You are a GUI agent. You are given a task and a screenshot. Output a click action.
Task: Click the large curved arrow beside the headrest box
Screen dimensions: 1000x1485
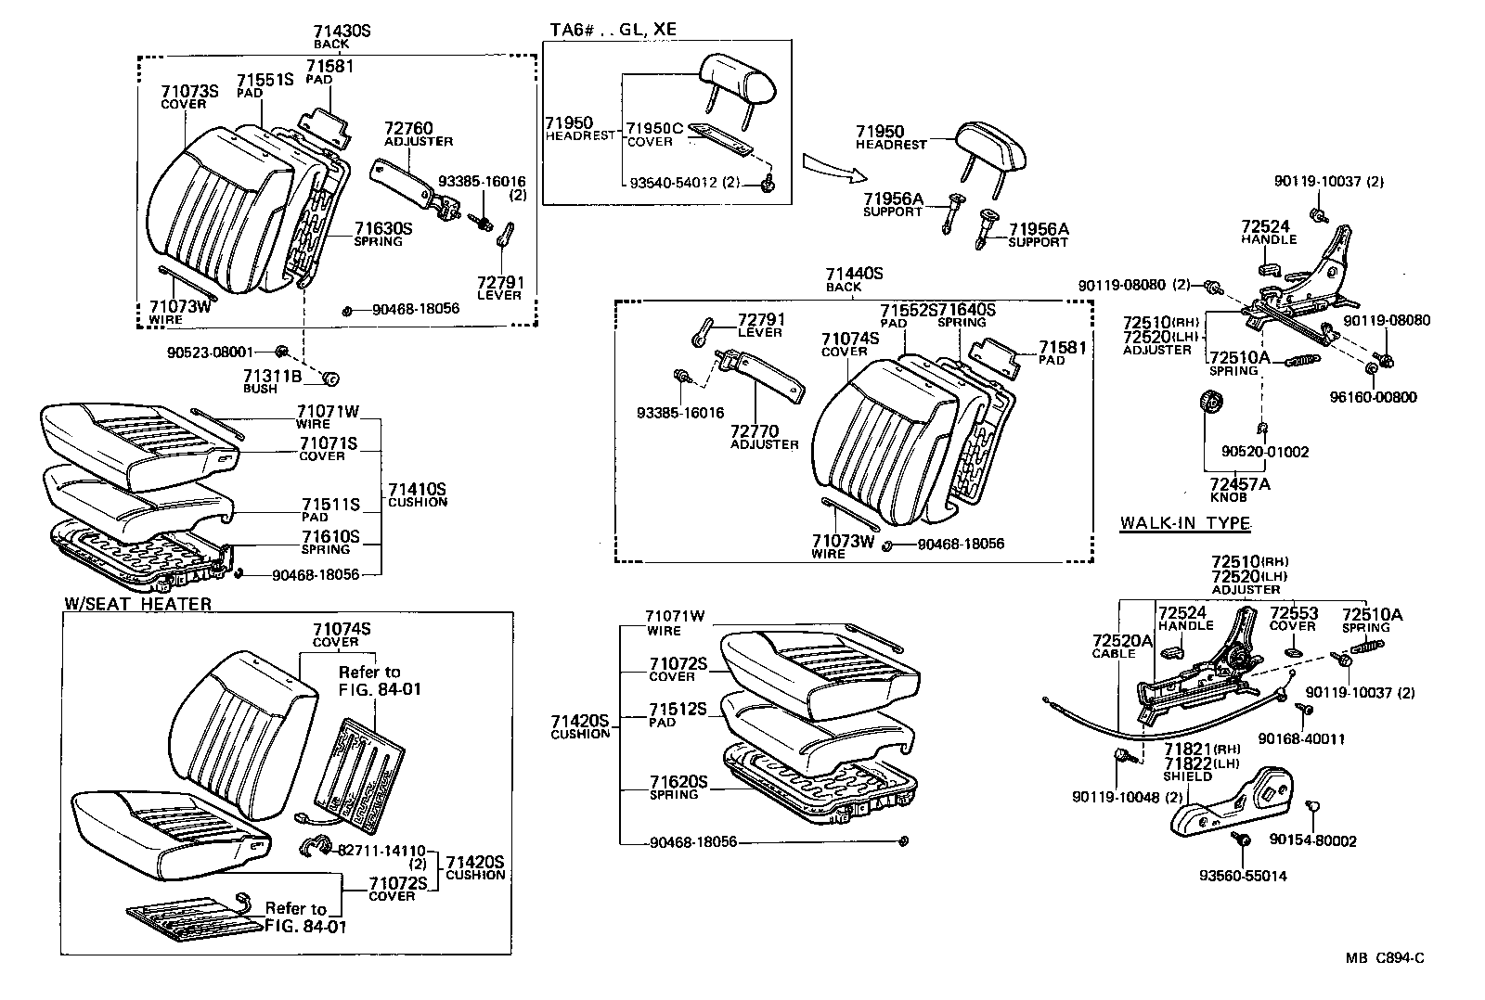tap(834, 167)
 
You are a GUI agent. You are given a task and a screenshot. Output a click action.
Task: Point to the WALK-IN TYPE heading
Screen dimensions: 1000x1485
tap(1184, 523)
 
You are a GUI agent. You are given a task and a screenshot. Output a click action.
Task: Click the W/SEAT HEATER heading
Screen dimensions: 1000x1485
tap(137, 604)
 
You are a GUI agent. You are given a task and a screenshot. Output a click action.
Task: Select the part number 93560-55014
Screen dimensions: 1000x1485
tap(1243, 876)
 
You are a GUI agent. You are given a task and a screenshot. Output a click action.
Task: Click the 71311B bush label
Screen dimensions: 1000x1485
tap(273, 376)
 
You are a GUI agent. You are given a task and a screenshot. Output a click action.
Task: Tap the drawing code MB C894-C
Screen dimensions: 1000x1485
tap(1385, 958)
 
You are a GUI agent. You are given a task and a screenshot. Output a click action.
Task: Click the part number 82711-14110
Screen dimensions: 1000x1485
tap(381, 850)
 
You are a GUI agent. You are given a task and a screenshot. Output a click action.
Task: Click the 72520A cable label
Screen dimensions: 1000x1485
tap(1121, 641)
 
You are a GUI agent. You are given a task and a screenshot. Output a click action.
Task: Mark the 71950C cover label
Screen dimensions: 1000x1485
tap(655, 128)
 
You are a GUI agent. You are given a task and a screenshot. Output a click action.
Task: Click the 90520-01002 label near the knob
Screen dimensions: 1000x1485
tap(1264, 452)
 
